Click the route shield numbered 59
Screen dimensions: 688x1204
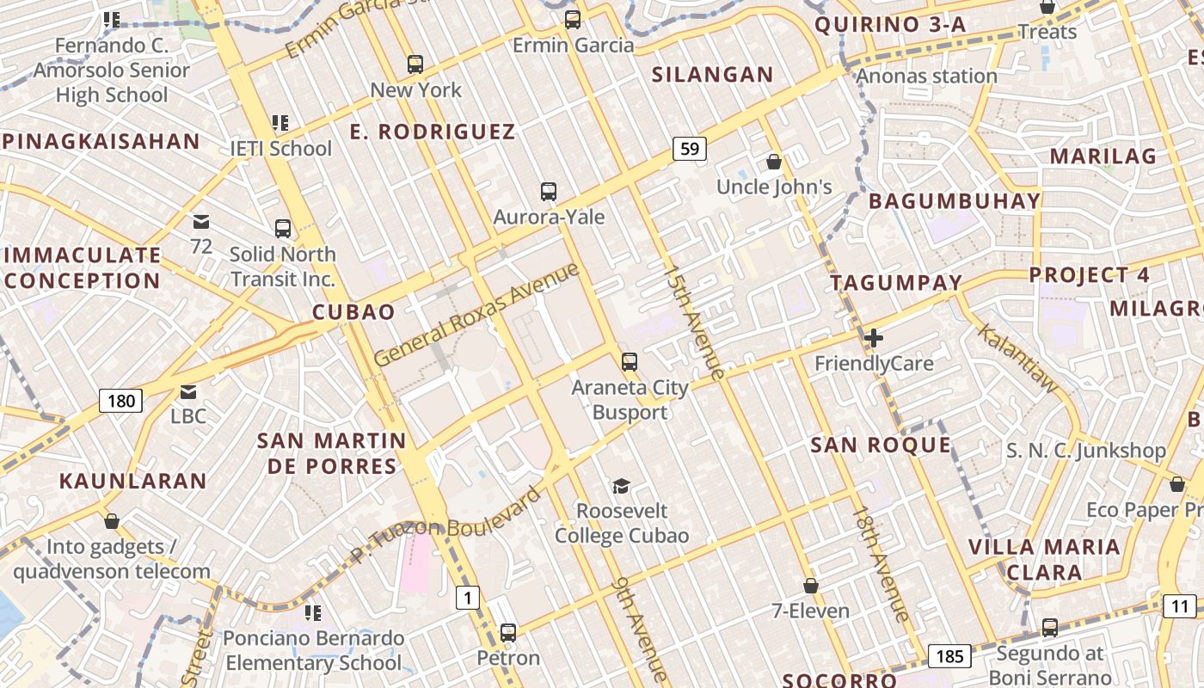click(x=689, y=149)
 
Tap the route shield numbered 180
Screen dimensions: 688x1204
click(x=120, y=400)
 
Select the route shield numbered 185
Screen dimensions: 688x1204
click(x=949, y=656)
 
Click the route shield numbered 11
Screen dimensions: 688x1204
click(x=1180, y=606)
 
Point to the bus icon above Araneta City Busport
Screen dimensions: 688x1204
click(x=630, y=361)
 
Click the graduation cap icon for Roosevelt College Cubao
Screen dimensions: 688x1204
click(x=621, y=486)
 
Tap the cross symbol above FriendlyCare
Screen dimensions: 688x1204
click(x=874, y=338)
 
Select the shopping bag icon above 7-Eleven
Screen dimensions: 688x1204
click(x=810, y=586)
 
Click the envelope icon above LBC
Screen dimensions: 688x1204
click(x=188, y=392)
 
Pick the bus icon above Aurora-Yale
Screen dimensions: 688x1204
click(x=549, y=192)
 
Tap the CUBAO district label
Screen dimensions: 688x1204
click(x=353, y=312)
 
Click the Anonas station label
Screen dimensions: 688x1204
click(x=926, y=76)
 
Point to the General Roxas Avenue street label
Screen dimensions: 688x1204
click(x=476, y=314)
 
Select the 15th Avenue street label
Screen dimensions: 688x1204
click(x=695, y=322)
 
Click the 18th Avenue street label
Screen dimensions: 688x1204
click(x=880, y=563)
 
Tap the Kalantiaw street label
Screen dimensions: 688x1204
click(x=1017, y=359)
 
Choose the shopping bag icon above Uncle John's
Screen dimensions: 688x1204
click(x=774, y=162)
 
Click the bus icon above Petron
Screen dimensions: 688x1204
click(x=508, y=633)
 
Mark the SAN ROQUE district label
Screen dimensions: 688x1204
click(x=881, y=445)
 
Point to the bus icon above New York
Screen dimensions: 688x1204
click(x=415, y=64)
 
